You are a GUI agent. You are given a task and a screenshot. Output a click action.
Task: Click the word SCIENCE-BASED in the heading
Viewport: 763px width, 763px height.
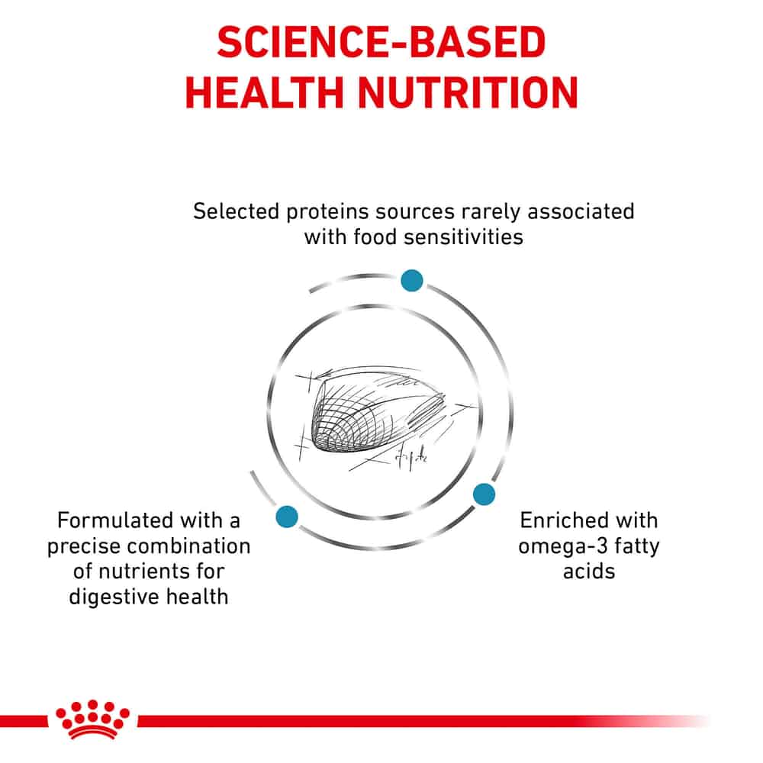point(381,42)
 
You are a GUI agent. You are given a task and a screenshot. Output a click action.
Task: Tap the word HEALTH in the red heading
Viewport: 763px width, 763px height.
point(264,92)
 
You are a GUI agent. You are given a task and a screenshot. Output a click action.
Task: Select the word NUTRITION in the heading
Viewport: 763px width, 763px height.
point(468,92)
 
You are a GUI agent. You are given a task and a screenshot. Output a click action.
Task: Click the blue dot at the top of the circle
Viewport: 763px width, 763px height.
point(412,281)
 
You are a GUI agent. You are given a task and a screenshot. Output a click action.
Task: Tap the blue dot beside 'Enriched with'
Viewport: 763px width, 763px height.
point(484,494)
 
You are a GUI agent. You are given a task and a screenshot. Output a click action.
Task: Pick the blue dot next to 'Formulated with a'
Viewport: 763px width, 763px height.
point(287,517)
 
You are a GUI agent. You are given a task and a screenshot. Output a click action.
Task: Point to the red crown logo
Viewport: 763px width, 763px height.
point(92,720)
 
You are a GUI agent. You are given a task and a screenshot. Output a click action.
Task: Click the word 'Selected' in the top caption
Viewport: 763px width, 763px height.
point(236,211)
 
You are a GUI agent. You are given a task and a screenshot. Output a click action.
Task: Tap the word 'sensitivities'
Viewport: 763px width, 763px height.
point(463,237)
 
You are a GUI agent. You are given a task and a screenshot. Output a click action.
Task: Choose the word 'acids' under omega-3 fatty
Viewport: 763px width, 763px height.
point(589,571)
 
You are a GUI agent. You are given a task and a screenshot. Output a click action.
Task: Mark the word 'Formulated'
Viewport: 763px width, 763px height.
point(115,520)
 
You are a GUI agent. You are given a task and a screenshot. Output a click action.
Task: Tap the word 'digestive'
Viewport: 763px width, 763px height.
point(114,597)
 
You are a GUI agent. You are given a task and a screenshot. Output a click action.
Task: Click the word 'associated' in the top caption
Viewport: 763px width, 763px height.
point(581,211)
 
